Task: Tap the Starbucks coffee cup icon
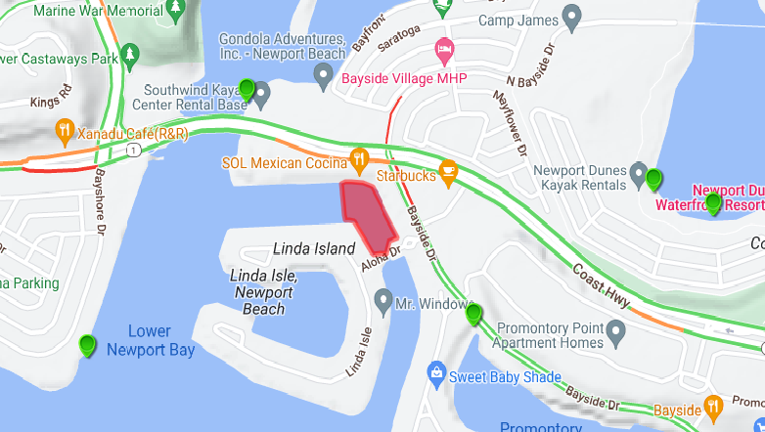(448, 171)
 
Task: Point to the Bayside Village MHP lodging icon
(444, 48)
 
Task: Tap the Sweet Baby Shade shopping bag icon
(436, 372)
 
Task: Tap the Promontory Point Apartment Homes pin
(615, 335)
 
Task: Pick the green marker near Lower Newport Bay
(88, 344)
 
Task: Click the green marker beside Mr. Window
(473, 314)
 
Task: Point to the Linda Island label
(314, 248)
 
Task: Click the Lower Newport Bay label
(150, 340)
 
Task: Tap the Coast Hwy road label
(600, 287)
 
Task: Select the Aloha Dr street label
(382, 259)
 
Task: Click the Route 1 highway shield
(132, 150)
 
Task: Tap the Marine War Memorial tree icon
(175, 9)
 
